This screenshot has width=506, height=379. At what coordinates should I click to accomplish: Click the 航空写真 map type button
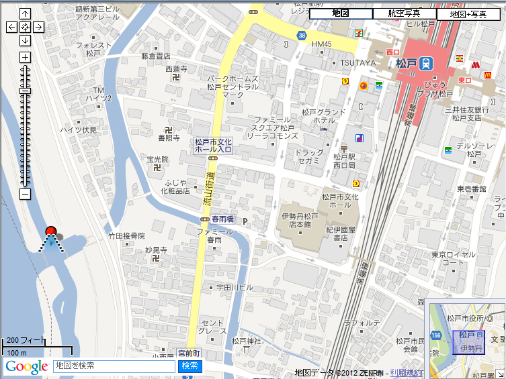pyautogui.click(x=404, y=13)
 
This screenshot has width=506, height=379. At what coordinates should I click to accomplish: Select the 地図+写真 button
pyautogui.click(x=468, y=13)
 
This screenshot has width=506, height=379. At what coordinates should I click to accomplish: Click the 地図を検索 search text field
pyautogui.click(x=114, y=366)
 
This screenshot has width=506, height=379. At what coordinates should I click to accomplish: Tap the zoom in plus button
pyautogui.click(x=25, y=57)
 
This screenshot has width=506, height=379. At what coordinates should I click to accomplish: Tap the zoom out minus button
pyautogui.click(x=25, y=195)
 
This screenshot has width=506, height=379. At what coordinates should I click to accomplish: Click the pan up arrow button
pyautogui.click(x=25, y=13)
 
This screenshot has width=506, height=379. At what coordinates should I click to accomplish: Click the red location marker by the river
pyautogui.click(x=50, y=233)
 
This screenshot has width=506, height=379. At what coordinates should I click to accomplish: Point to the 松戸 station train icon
pyautogui.click(x=426, y=63)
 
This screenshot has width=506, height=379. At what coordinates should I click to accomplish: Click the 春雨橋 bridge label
pyautogui.click(x=221, y=219)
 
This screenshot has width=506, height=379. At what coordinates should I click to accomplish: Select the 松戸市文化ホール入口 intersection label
pyautogui.click(x=212, y=146)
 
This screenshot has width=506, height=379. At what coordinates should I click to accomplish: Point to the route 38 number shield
pyautogui.click(x=303, y=35)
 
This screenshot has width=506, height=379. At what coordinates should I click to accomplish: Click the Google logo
pyautogui.click(x=27, y=366)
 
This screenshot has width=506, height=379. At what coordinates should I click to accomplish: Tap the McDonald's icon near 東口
pyautogui.click(x=475, y=66)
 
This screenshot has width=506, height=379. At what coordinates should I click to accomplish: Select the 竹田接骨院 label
pyautogui.click(x=127, y=236)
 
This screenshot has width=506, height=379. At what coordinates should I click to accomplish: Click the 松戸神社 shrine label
pyautogui.click(x=247, y=341)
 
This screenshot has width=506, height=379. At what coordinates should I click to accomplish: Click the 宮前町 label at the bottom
pyautogui.click(x=189, y=352)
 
